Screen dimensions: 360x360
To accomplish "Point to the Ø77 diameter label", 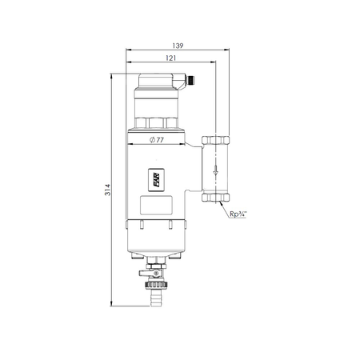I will click(158, 140).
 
